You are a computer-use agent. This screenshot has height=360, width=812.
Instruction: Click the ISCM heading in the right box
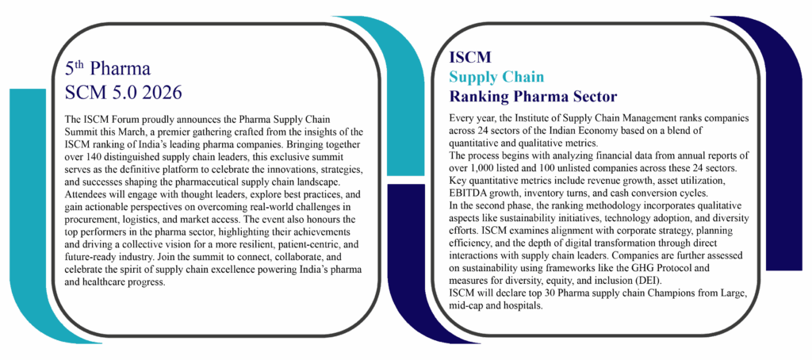[470, 58]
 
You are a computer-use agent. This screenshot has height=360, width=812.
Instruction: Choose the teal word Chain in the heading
[525, 78]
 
